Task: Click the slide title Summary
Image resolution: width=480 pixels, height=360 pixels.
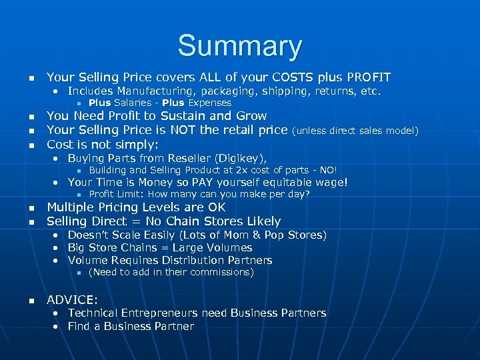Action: pyautogui.click(x=239, y=46)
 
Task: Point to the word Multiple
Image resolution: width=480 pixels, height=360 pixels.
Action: pyautogui.click(x=71, y=207)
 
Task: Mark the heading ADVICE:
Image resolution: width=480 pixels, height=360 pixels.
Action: pyautogui.click(x=72, y=299)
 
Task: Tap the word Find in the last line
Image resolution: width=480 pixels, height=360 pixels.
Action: pyautogui.click(x=80, y=326)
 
